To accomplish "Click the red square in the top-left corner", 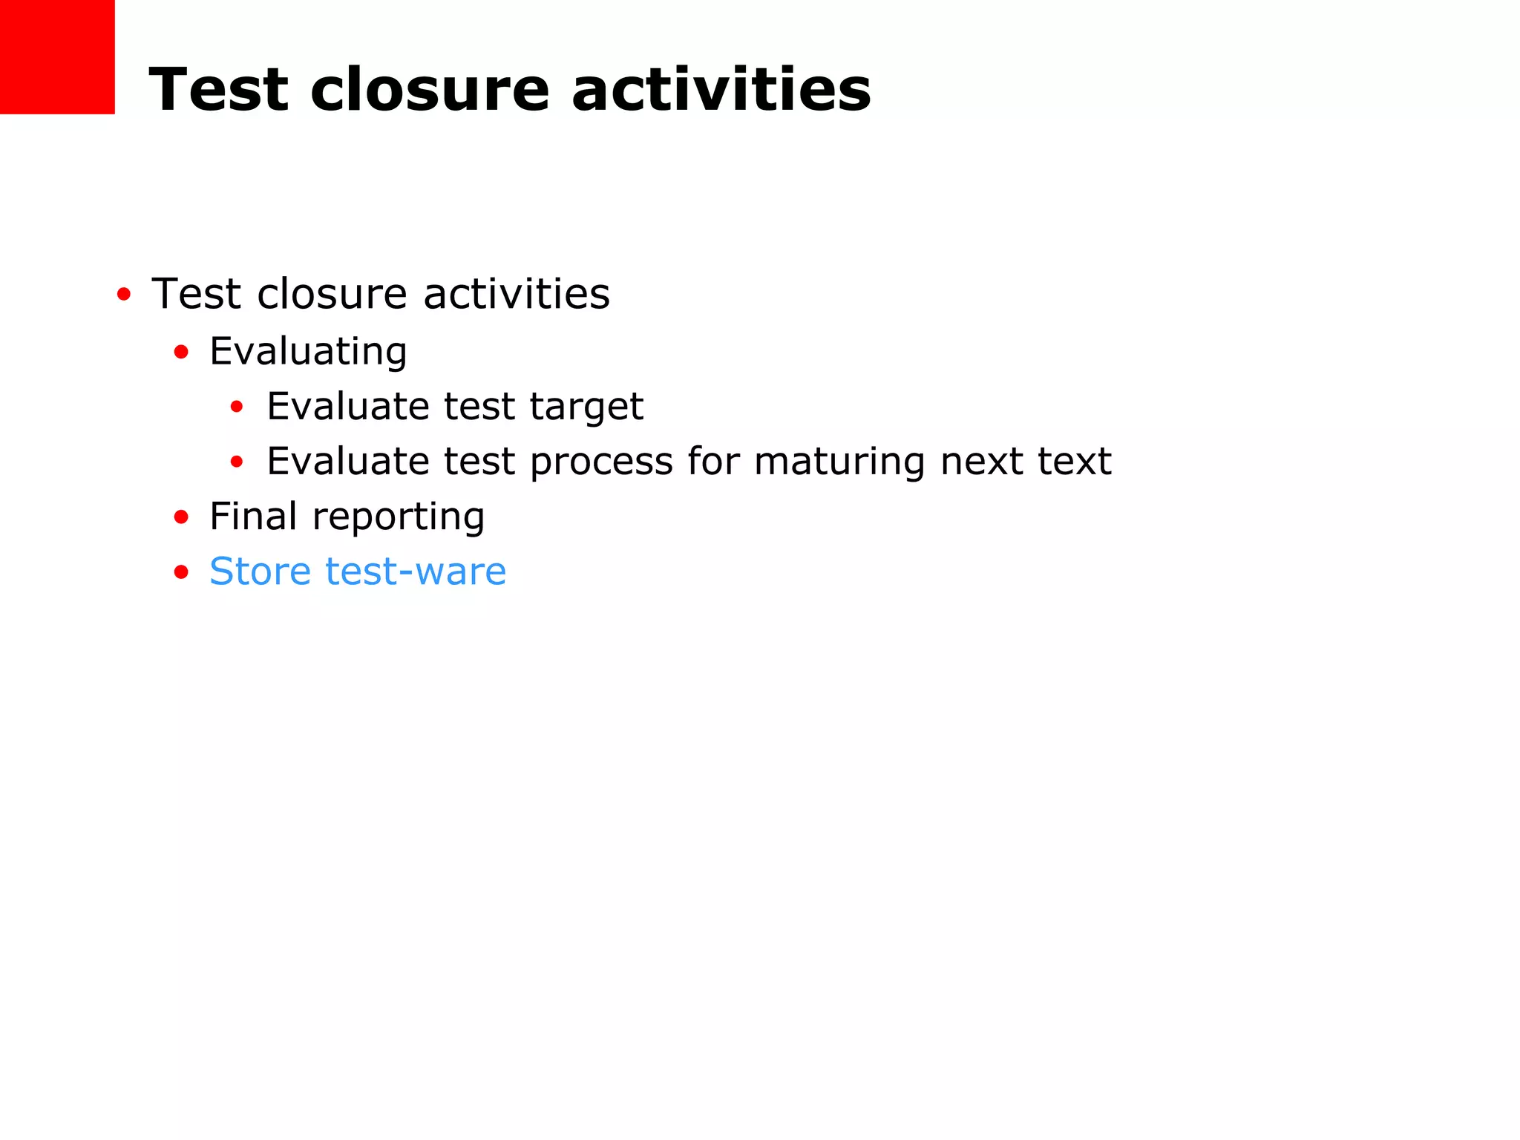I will (57, 56).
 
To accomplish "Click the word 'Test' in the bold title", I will (218, 90).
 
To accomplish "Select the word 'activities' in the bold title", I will (721, 90).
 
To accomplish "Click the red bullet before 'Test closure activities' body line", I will (124, 295).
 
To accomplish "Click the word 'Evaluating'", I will (308, 351).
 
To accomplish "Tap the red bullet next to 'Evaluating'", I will (181, 352).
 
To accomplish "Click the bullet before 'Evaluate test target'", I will (237, 407).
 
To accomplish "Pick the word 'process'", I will (601, 462).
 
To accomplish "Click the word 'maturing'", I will (839, 462).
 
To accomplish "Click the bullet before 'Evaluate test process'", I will (237, 462).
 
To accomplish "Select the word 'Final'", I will (253, 516).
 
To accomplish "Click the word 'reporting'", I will (398, 517).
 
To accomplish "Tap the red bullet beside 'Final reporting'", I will (181, 517).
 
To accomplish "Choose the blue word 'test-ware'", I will (416, 571).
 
